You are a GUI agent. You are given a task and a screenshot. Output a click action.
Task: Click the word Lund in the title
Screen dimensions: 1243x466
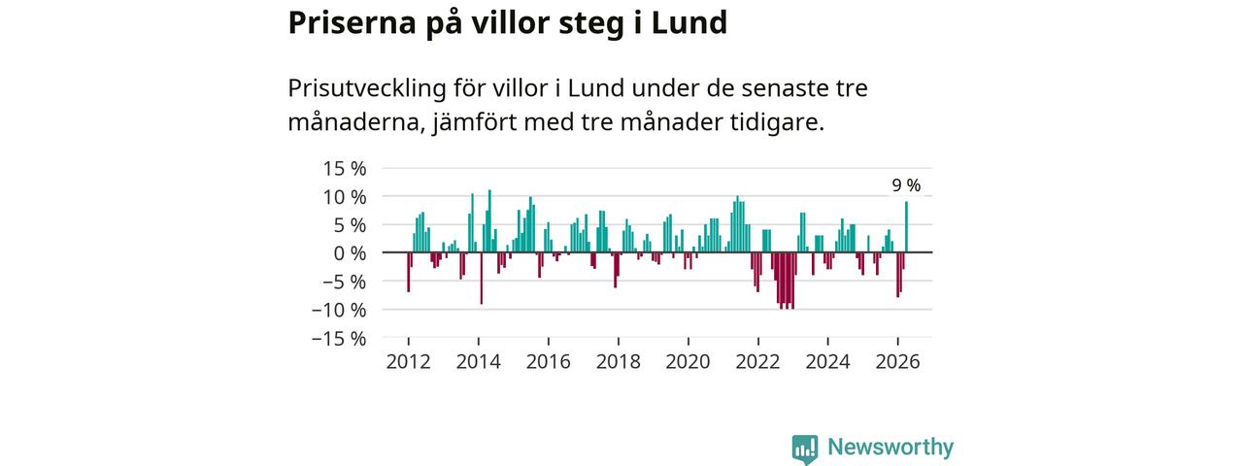click(x=689, y=22)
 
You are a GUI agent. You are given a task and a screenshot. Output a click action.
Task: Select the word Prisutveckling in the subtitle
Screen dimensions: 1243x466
click(x=367, y=88)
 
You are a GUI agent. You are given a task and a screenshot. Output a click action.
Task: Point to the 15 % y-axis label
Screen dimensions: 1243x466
click(x=345, y=168)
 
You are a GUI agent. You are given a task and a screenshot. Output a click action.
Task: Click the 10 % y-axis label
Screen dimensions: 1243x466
click(x=345, y=197)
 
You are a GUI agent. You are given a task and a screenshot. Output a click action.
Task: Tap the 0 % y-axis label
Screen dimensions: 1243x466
click(x=350, y=253)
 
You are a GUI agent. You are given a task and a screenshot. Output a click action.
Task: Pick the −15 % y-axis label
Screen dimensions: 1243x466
click(x=339, y=339)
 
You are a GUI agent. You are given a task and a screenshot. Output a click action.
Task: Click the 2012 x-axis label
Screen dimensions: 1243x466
click(x=409, y=362)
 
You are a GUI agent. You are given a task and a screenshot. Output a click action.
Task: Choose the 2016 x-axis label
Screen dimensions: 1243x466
click(x=549, y=362)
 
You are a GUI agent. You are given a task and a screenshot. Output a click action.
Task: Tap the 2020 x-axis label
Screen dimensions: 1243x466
click(x=689, y=362)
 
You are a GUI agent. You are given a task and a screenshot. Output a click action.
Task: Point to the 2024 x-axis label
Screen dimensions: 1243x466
click(x=828, y=362)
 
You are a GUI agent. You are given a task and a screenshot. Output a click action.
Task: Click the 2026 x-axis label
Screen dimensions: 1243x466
click(x=898, y=362)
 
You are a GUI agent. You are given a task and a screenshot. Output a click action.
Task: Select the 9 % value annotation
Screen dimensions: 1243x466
click(x=906, y=185)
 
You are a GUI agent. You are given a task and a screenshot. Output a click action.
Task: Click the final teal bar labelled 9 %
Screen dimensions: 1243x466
click(x=907, y=227)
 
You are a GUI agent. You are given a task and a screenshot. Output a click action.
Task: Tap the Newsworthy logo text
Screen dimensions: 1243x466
click(x=890, y=448)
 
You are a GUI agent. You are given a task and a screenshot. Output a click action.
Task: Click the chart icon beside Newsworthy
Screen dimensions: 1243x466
click(x=805, y=449)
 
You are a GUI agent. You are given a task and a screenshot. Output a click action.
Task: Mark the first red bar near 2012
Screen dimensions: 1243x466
click(x=409, y=273)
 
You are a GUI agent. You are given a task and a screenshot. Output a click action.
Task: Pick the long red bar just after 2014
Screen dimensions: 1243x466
click(x=481, y=279)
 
